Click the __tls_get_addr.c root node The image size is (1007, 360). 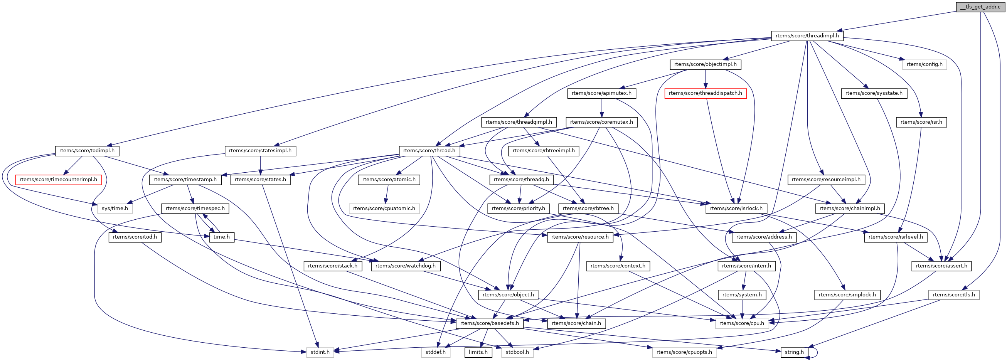(x=980, y=7)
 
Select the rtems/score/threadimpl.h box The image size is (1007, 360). (x=807, y=35)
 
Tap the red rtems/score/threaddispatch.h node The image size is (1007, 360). (x=705, y=93)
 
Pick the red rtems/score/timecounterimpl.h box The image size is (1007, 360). (x=58, y=179)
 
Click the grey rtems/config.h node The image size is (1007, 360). (x=924, y=64)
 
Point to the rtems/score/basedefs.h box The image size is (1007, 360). (x=489, y=323)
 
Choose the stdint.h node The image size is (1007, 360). (x=320, y=352)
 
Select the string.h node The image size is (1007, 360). (x=794, y=352)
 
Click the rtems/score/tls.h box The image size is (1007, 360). (x=953, y=295)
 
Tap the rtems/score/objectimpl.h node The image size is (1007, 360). (x=705, y=64)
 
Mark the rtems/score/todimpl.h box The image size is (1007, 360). (x=87, y=151)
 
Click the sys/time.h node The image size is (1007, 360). (x=115, y=209)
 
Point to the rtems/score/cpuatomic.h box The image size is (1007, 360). (x=384, y=209)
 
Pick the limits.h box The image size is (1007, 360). (x=478, y=352)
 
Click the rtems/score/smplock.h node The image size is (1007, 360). (x=847, y=295)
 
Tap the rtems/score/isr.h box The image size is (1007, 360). (x=921, y=122)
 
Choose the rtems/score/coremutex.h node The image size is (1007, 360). (x=601, y=122)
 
